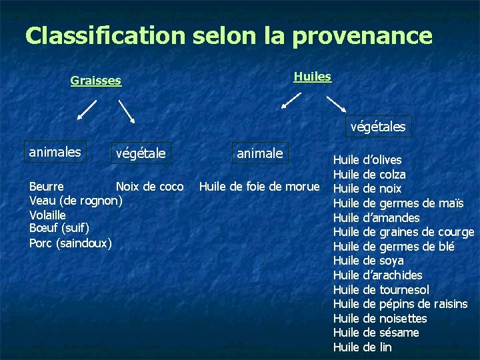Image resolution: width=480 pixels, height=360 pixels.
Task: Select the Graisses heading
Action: click(96, 81)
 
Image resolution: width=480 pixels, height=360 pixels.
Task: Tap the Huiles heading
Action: click(312, 77)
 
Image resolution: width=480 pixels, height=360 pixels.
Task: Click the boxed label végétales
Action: click(378, 126)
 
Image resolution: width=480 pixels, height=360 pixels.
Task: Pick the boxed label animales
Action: click(55, 152)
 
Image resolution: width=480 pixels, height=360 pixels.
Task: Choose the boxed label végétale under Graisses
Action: click(140, 154)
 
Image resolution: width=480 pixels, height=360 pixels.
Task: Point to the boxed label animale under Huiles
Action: click(259, 153)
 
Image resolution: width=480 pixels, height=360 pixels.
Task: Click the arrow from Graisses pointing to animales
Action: click(87, 110)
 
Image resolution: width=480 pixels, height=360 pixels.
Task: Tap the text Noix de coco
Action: click(149, 186)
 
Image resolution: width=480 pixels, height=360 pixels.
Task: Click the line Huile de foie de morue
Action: click(259, 186)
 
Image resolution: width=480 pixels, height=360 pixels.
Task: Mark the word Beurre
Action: click(47, 186)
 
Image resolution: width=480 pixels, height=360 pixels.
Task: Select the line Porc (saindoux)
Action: click(71, 243)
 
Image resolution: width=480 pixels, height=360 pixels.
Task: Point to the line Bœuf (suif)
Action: click(59, 229)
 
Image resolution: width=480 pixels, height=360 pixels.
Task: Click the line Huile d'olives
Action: click(367, 160)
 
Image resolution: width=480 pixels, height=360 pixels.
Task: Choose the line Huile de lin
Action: click(362, 347)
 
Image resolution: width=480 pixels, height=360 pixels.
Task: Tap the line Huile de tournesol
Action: click(381, 289)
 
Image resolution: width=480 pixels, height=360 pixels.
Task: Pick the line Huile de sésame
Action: click(376, 332)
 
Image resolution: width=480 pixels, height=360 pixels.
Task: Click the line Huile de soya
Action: click(368, 261)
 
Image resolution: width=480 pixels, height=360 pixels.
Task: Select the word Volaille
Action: click(47, 215)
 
